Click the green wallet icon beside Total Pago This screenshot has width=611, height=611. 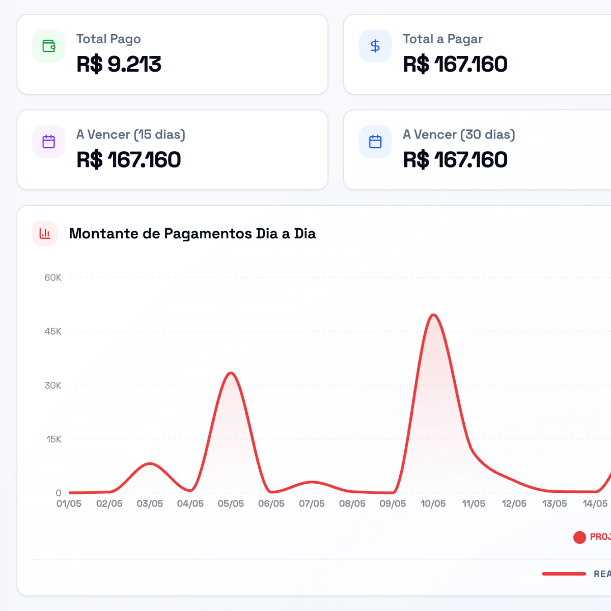pos(49,46)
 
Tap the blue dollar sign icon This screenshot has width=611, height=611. pos(375,46)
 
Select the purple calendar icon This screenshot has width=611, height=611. pos(49,142)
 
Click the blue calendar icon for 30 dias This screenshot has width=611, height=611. pos(375,142)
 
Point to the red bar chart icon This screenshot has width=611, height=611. pos(45,233)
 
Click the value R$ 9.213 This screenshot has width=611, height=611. pos(119,64)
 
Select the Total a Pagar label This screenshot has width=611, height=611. pos(442,39)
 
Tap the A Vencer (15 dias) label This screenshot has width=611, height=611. pos(131,135)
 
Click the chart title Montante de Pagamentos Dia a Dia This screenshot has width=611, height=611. pos(192,234)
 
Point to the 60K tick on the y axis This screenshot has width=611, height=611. pos(53,278)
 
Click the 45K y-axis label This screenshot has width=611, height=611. pos(53,331)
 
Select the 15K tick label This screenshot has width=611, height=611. pos(54,439)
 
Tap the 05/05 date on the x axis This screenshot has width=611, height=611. pos(231,504)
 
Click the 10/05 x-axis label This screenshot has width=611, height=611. pos(433,504)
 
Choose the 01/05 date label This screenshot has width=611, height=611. pos(69,504)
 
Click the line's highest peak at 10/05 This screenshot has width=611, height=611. pos(433,315)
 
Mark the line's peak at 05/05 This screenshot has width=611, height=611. pos(231,373)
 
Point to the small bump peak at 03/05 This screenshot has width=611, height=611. pos(150,463)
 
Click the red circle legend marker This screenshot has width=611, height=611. pos(579,537)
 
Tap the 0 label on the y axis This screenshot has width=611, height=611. pos(59,493)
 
